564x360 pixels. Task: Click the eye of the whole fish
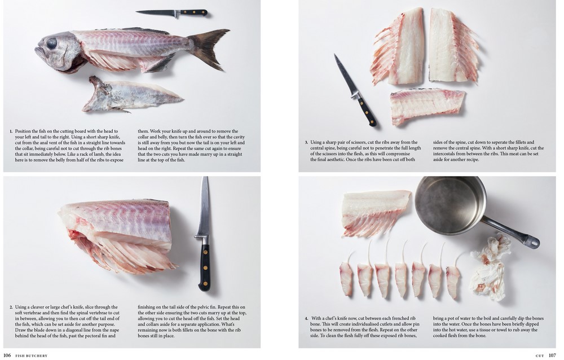[51, 43]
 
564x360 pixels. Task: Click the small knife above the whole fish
[171, 12]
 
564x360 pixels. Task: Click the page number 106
[7, 355]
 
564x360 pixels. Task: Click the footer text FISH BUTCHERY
[32, 355]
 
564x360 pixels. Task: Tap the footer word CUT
[539, 355]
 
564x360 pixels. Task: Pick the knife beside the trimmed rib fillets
[355, 90]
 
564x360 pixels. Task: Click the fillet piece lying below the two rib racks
[427, 106]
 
